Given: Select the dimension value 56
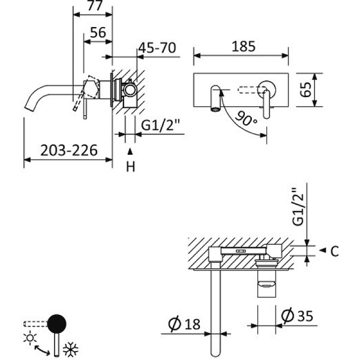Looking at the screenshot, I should (98, 33).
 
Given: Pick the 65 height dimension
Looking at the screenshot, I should (306, 91).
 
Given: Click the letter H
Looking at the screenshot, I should (130, 167).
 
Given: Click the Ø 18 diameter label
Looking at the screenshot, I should (184, 325).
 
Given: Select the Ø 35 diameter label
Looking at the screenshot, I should (297, 314).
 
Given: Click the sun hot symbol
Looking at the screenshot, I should (29, 337).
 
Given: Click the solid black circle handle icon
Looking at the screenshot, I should (57, 323).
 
